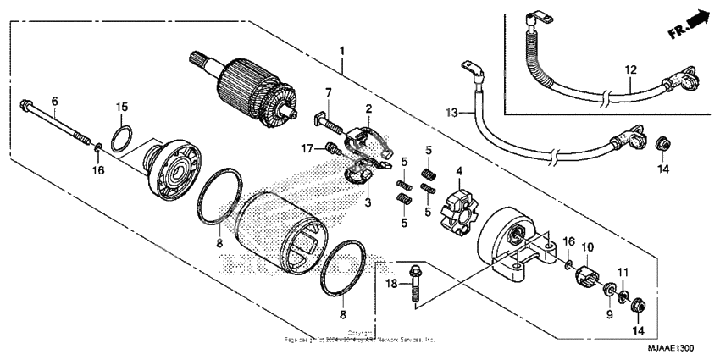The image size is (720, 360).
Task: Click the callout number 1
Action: pos(342,52)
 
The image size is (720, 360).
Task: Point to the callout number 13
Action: pos(451,112)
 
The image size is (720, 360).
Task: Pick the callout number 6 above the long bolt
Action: pos(54,101)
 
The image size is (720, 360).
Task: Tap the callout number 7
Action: pos(329,91)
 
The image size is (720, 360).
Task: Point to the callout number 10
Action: pos(588,246)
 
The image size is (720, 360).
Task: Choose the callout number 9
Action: pos(607,314)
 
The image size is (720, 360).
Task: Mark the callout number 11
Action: pos(623,270)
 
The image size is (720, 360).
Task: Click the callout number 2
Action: pos(368,108)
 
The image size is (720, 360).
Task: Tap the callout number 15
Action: pos(122,107)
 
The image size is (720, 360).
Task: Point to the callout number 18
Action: pos(392,282)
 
